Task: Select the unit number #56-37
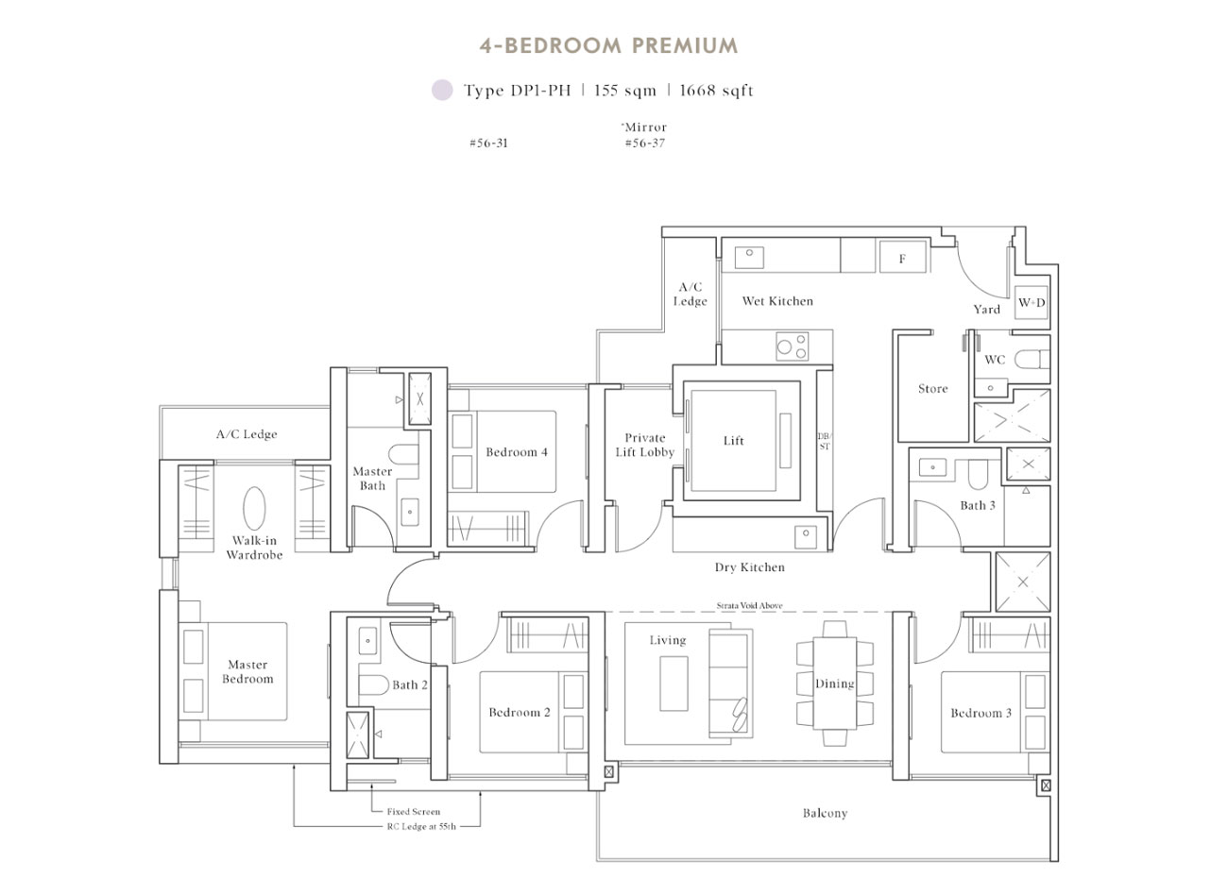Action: [644, 144]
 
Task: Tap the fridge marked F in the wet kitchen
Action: [902, 258]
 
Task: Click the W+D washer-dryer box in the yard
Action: [1031, 303]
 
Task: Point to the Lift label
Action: [734, 441]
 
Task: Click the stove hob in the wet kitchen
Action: [793, 346]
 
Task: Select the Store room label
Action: [932, 389]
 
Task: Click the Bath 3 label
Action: [978, 506]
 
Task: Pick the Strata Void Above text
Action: [749, 606]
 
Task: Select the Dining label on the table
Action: [835, 684]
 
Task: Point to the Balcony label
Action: [825, 813]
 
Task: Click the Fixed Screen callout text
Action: [414, 811]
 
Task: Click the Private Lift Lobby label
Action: [644, 445]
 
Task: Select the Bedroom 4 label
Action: [517, 452]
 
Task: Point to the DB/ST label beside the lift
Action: [824, 441]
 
